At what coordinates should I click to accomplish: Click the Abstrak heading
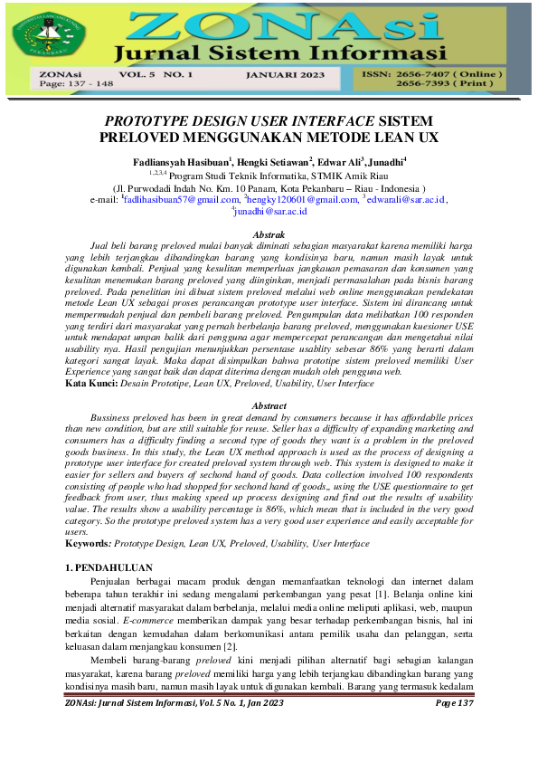pyautogui.click(x=269, y=233)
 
